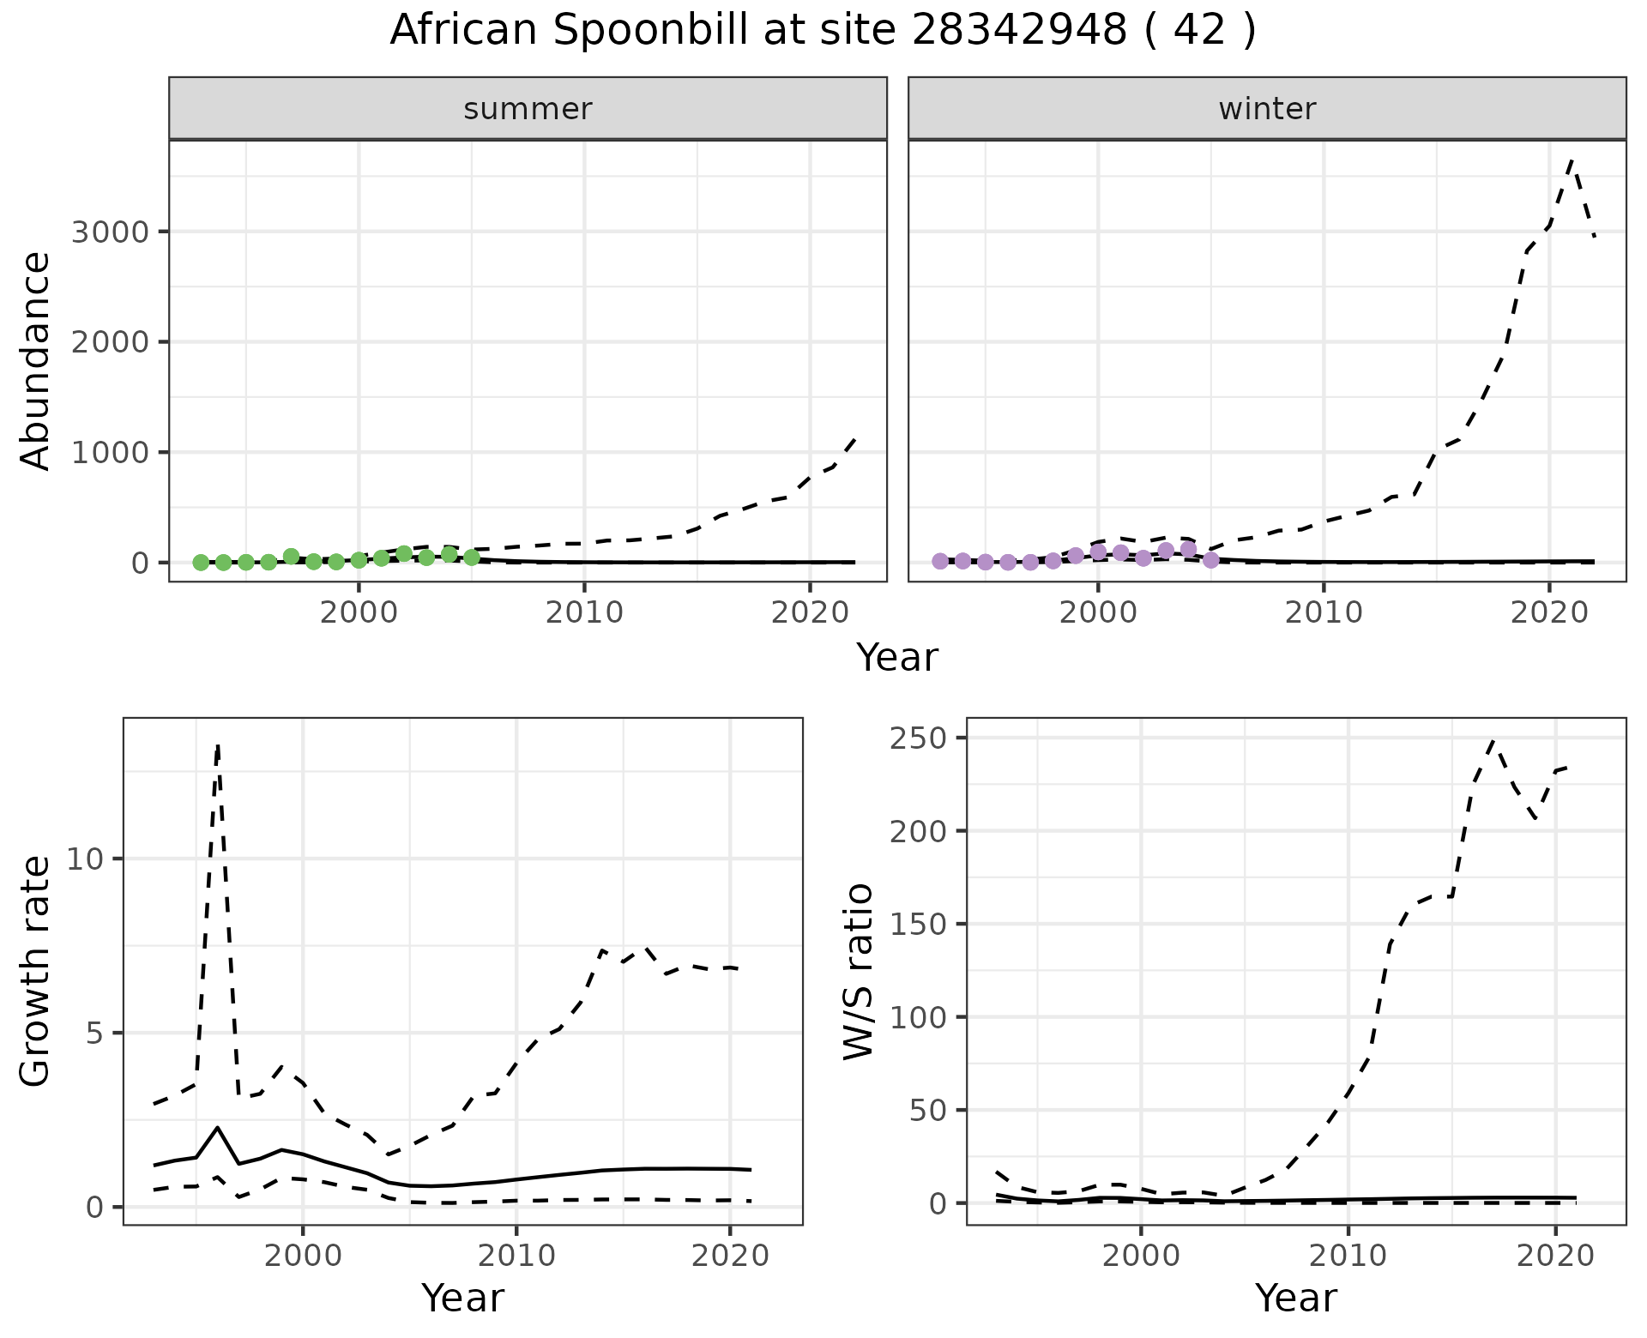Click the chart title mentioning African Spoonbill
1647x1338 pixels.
click(823, 31)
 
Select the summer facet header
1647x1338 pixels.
click(528, 109)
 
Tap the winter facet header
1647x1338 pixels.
click(1267, 109)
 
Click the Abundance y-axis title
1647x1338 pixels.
click(36, 361)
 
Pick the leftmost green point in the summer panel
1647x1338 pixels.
click(201, 563)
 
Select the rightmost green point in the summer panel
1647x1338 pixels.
click(471, 557)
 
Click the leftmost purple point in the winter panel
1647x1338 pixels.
click(940, 561)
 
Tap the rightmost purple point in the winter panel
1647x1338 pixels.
click(1210, 560)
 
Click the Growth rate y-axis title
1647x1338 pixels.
click(36, 972)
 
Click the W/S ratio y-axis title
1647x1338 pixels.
click(858, 972)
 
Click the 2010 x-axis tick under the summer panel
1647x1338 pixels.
click(584, 612)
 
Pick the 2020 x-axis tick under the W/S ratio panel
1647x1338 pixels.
click(1555, 1257)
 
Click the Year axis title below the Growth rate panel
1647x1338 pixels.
click(462, 1299)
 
